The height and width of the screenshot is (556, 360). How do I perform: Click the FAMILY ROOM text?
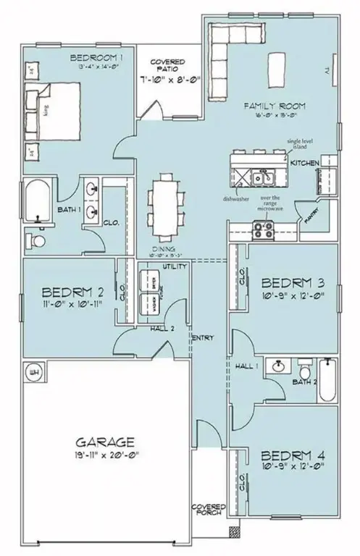(x=267, y=106)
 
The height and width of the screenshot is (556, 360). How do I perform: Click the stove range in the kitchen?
(x=261, y=231)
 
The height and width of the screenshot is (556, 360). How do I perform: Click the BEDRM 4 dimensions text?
(x=287, y=468)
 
